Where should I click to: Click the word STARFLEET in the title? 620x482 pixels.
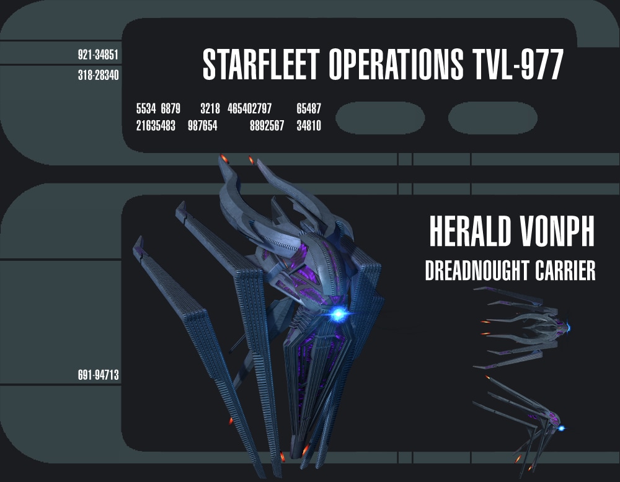pyautogui.click(x=261, y=64)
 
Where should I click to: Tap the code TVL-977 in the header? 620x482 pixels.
pyautogui.click(x=518, y=64)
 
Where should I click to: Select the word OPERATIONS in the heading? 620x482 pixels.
pyautogui.click(x=396, y=64)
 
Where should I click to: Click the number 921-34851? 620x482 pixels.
pyautogui.click(x=98, y=55)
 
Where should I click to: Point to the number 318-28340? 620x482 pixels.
pyautogui.click(x=98, y=75)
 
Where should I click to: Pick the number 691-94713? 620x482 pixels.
pyautogui.click(x=98, y=375)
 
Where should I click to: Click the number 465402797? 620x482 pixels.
pyautogui.click(x=249, y=108)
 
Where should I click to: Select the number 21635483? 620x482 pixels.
pyautogui.click(x=156, y=126)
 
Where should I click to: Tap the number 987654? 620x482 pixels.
pyautogui.click(x=203, y=126)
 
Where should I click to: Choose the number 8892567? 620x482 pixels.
pyautogui.click(x=267, y=126)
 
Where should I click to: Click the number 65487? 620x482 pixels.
pyautogui.click(x=309, y=108)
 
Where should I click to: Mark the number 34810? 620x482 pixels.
pyautogui.click(x=309, y=126)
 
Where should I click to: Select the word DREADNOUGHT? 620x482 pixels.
pyautogui.click(x=477, y=271)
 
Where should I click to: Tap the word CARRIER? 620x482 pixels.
pyautogui.click(x=565, y=271)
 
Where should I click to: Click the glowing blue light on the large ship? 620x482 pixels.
pyautogui.click(x=339, y=315)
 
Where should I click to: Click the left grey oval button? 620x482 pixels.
pyautogui.click(x=380, y=118)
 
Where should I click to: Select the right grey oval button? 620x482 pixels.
pyautogui.click(x=493, y=118)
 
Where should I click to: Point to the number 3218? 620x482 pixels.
pyautogui.click(x=210, y=108)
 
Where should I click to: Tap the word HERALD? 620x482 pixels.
pyautogui.click(x=470, y=232)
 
